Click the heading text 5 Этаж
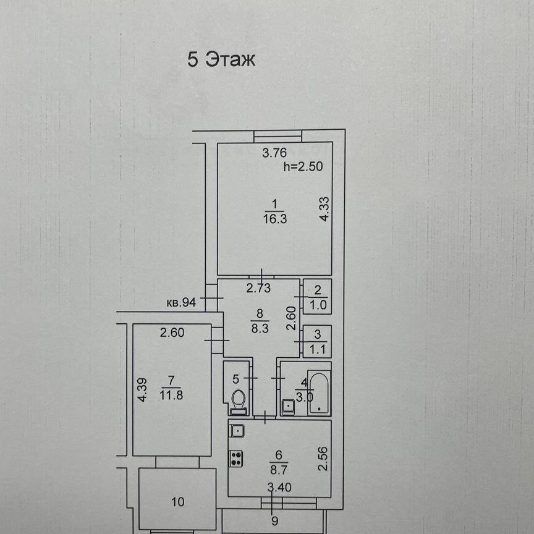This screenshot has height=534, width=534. click(x=221, y=61)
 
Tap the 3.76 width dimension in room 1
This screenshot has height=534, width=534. click(x=273, y=155)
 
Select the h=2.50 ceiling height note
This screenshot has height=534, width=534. click(x=303, y=166)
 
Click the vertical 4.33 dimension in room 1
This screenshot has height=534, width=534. click(x=323, y=210)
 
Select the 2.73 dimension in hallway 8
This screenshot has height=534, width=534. click(x=259, y=287)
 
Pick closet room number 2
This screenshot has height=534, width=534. click(x=318, y=289)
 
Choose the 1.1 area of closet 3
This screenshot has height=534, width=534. click(x=318, y=349)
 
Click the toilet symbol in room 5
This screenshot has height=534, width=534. click(x=238, y=402)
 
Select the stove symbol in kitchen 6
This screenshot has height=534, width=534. click(x=237, y=459)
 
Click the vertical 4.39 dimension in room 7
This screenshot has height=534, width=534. click(x=142, y=389)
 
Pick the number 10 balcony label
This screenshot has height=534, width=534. click(x=177, y=502)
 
